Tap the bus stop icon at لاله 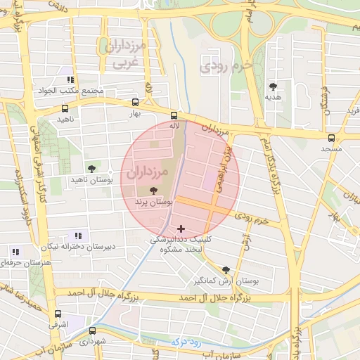pos(174,115)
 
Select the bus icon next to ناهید pos(65,109)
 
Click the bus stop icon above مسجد pos(331,138)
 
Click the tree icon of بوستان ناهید pos(91,168)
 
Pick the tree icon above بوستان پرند pos(154,191)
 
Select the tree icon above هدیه pos(273,86)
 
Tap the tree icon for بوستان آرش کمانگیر pos(226,269)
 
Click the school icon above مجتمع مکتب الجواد pos(70,79)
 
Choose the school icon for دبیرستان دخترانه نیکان pos(78,236)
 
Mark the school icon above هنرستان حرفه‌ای pos(15,251)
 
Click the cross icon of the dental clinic pos(182,229)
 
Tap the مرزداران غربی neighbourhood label pos(123,55)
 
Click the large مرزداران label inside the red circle pos(150,172)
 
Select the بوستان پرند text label pos(153,202)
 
